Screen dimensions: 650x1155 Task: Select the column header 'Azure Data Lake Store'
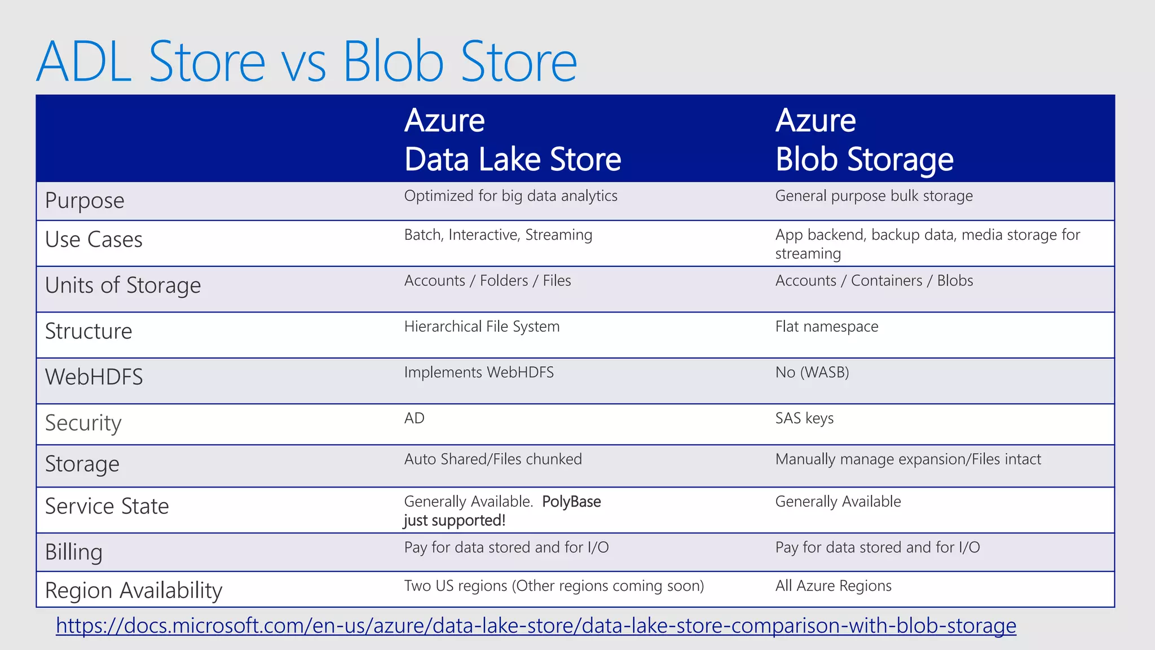tap(512, 139)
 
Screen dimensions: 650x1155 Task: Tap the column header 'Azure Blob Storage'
tap(863, 139)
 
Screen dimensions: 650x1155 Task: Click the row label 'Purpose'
tap(85, 201)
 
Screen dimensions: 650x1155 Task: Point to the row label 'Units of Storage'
tap(122, 286)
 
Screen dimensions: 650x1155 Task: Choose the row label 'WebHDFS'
tap(94, 377)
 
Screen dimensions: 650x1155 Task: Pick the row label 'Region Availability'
tap(134, 590)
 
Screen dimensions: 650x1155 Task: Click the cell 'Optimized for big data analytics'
tap(510, 196)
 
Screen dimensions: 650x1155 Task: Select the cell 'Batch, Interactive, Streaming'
tap(498, 235)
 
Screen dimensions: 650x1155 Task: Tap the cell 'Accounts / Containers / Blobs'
tap(874, 280)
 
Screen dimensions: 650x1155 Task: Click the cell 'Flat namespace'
tap(826, 327)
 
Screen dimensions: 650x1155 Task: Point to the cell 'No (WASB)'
tap(812, 372)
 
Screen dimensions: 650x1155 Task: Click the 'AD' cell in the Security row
tap(414, 418)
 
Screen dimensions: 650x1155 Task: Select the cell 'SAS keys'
tap(804, 418)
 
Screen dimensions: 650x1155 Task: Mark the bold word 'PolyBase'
tap(571, 502)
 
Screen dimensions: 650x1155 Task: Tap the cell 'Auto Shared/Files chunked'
tap(492, 459)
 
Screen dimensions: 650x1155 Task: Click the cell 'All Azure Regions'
tap(833, 586)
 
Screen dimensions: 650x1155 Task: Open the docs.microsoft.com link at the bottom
tap(536, 625)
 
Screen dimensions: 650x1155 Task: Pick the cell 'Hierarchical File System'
tap(482, 327)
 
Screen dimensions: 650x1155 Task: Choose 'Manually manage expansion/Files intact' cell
tap(907, 459)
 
